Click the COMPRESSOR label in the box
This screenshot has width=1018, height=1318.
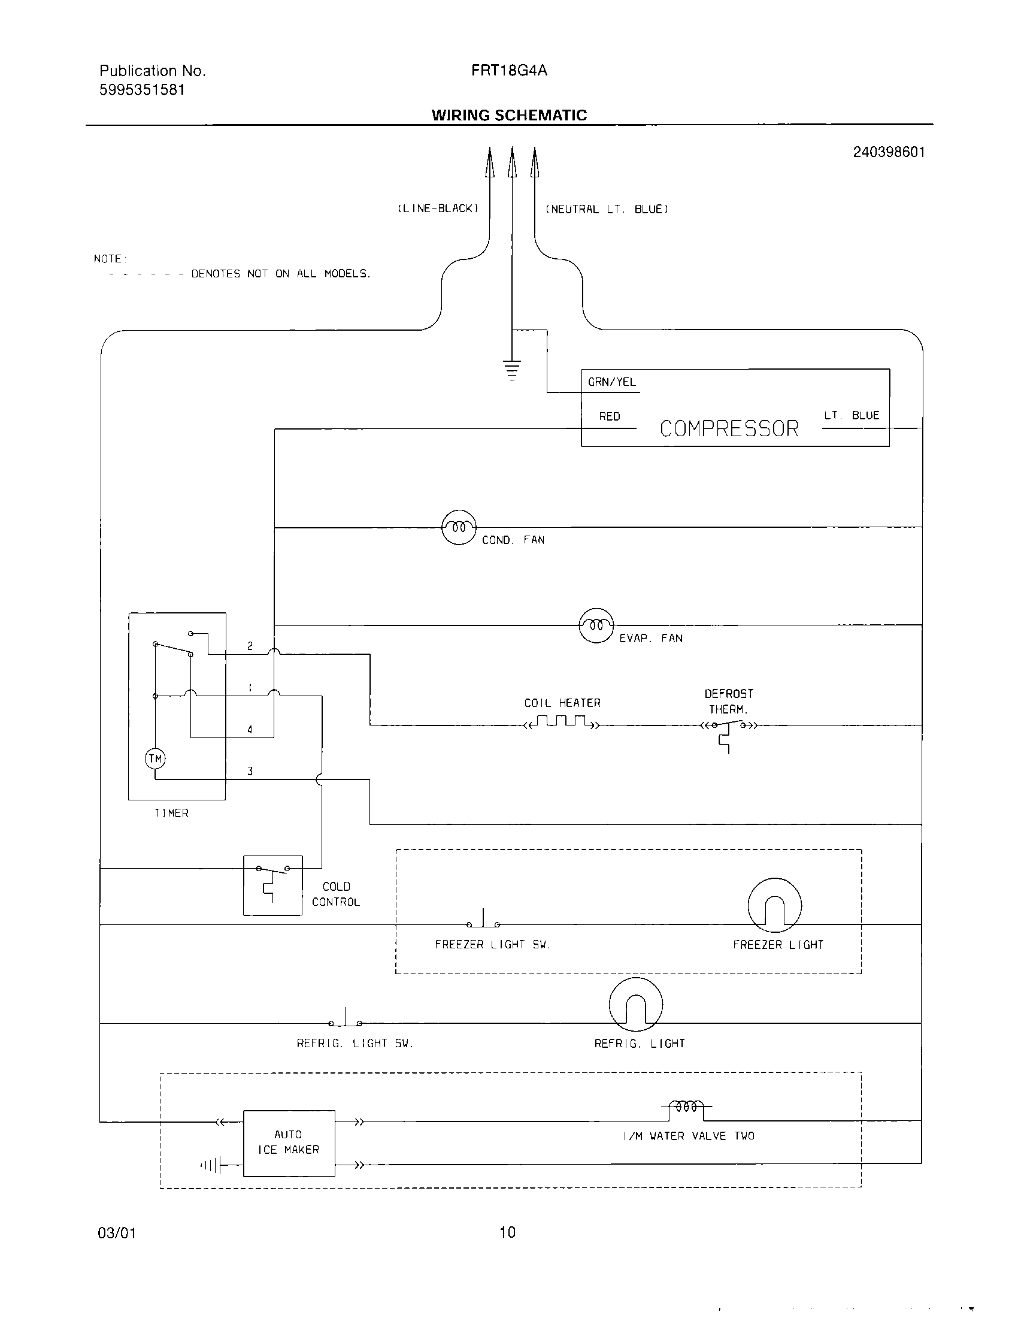(x=729, y=428)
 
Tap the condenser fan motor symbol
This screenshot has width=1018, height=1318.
(x=459, y=527)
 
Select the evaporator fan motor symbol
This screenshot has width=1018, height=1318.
(x=596, y=625)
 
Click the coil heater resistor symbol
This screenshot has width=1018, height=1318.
(x=562, y=722)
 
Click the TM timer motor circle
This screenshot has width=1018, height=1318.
(x=156, y=758)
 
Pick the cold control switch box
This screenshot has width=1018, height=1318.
(x=272, y=885)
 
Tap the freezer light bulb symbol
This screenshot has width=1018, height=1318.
(x=774, y=905)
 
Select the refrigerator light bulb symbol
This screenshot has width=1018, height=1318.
(x=635, y=1005)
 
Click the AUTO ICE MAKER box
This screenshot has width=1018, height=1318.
(x=289, y=1142)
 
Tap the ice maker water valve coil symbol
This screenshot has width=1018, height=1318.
(x=687, y=1107)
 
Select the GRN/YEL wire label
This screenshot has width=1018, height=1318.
(x=611, y=382)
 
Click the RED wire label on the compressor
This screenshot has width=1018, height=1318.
(x=609, y=416)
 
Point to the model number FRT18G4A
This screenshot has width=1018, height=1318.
(x=509, y=71)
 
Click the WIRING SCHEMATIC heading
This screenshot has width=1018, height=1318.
(x=509, y=115)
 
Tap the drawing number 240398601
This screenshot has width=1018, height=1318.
(x=888, y=152)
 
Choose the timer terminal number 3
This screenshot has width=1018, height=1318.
(x=250, y=771)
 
